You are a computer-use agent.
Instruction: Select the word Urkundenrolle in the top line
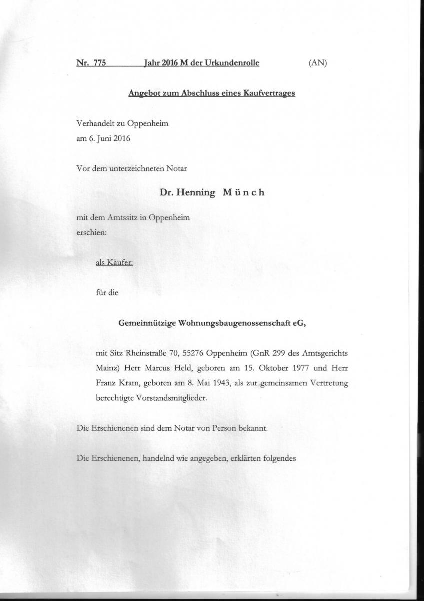pos(234,63)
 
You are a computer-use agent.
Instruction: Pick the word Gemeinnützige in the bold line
pos(146,324)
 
